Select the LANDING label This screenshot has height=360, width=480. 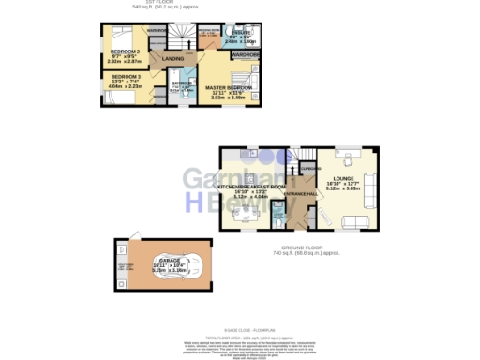point(173,60)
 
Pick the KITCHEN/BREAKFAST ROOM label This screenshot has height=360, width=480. point(249,187)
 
